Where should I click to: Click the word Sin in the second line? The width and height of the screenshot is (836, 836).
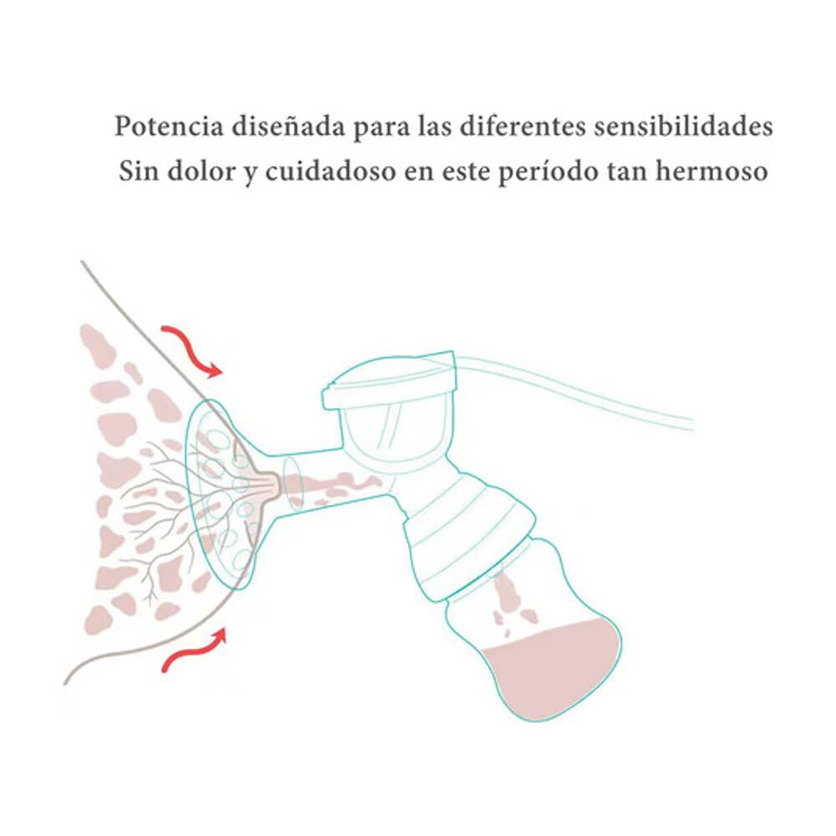point(138,171)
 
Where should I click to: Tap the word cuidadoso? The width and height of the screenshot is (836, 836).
point(324,171)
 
